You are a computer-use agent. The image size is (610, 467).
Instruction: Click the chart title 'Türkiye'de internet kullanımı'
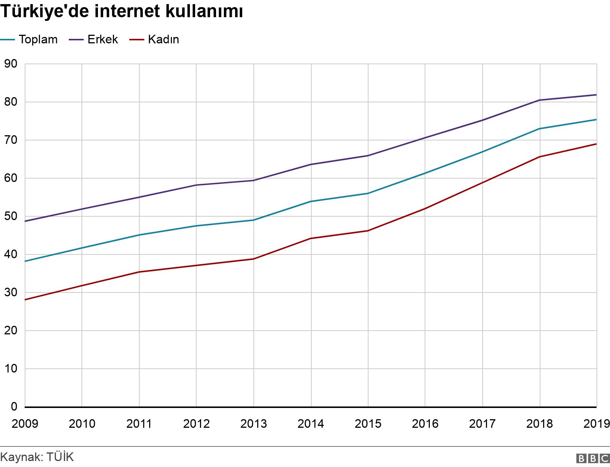click(x=122, y=12)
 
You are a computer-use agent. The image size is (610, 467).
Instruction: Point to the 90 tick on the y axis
click(x=11, y=64)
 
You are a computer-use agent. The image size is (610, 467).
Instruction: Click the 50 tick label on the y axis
click(x=11, y=216)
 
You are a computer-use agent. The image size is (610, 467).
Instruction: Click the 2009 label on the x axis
click(x=25, y=424)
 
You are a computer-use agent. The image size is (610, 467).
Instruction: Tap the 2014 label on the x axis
click(x=311, y=424)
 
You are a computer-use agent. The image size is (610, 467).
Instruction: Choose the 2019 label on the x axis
click(x=597, y=424)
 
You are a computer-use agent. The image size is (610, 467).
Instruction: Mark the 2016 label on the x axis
click(x=425, y=424)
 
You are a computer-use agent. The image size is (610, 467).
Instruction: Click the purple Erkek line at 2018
click(x=540, y=100)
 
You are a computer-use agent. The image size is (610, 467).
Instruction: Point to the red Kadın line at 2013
click(x=254, y=259)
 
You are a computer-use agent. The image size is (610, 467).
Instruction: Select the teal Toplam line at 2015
click(x=368, y=194)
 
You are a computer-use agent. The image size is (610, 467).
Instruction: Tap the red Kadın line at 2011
click(x=139, y=272)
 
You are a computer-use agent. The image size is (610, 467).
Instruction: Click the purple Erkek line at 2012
click(x=197, y=185)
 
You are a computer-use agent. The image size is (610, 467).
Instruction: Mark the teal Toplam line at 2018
click(x=540, y=129)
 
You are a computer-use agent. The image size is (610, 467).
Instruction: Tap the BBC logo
click(x=593, y=458)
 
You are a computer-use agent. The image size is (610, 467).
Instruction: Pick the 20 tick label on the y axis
click(x=11, y=331)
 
